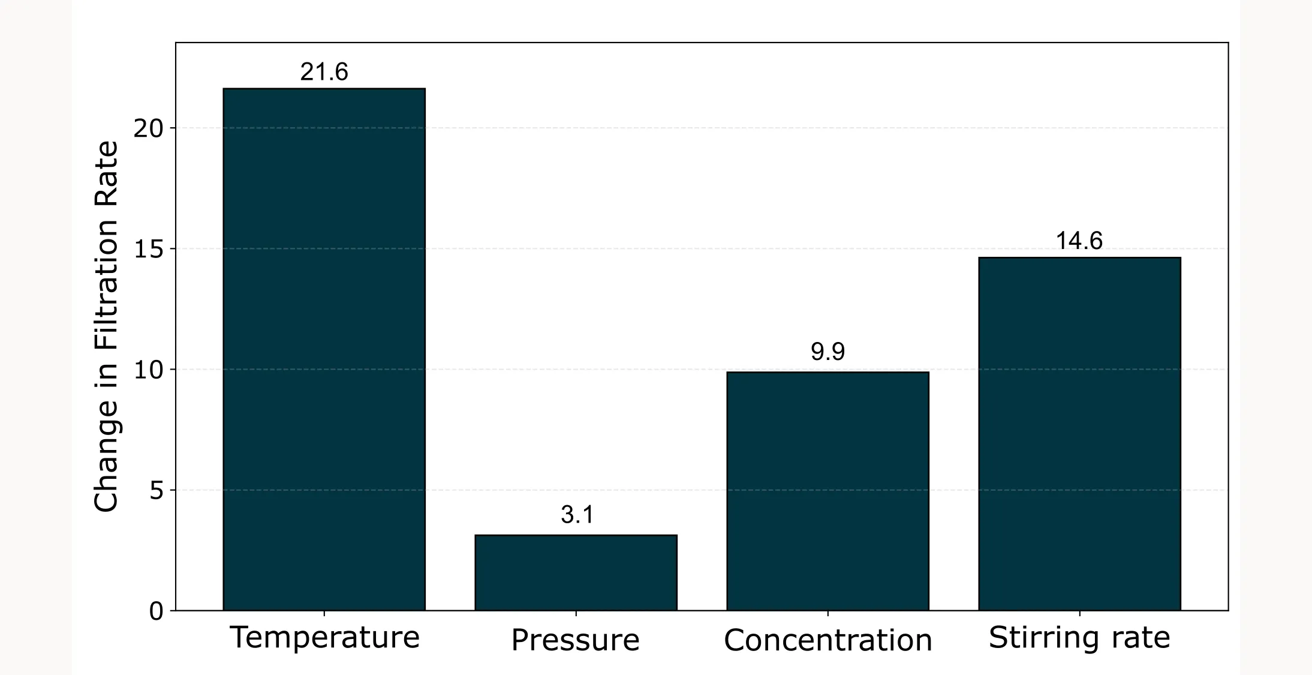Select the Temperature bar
[x=324, y=349]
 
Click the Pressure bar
[x=576, y=572]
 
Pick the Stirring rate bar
[x=1079, y=434]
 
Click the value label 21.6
[x=324, y=72]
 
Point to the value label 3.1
[x=577, y=515]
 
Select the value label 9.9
[x=827, y=352]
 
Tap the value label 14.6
[x=1079, y=241]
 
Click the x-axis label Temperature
[x=324, y=637]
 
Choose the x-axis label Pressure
[x=575, y=640]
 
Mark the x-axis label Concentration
[x=827, y=640]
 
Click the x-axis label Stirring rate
[x=1079, y=637]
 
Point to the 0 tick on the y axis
[x=156, y=611]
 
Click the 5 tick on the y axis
[x=156, y=491]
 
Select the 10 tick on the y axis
[x=149, y=370]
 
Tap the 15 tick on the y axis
[x=149, y=249]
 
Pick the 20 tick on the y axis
[x=149, y=128]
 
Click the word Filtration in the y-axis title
[x=106, y=285]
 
